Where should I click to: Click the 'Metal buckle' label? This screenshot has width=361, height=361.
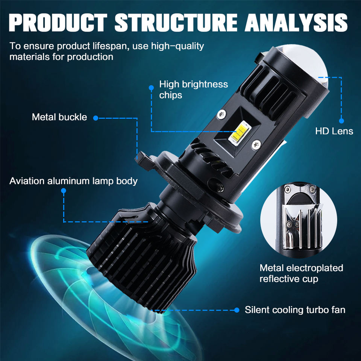coord(59,117)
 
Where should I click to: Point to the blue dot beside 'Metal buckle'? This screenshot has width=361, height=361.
coord(96,118)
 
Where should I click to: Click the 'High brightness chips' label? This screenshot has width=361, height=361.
coord(193,89)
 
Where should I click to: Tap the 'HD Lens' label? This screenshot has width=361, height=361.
coord(334,131)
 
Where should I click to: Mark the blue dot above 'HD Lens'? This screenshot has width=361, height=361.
coord(341,121)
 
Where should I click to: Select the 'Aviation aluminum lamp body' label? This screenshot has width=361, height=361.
coord(73,181)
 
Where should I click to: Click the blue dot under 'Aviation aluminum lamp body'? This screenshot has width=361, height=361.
coord(64,191)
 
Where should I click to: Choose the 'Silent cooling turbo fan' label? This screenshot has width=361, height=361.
coord(295,310)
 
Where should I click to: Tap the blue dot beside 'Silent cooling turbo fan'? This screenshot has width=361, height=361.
coord(237,310)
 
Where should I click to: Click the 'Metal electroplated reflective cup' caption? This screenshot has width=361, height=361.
coord(301,273)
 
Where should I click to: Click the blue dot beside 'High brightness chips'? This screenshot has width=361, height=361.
coord(151,88)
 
